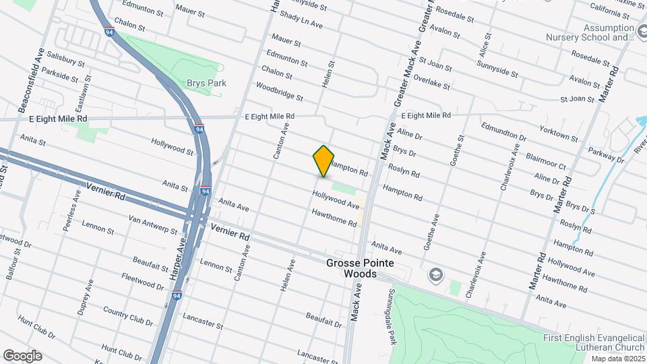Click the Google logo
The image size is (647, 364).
(22, 356)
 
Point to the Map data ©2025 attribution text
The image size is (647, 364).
(618, 359)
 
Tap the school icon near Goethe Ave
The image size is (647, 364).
(436, 274)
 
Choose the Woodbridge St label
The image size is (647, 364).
(279, 92)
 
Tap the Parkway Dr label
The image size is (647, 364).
(605, 154)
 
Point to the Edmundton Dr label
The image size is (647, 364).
(503, 132)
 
